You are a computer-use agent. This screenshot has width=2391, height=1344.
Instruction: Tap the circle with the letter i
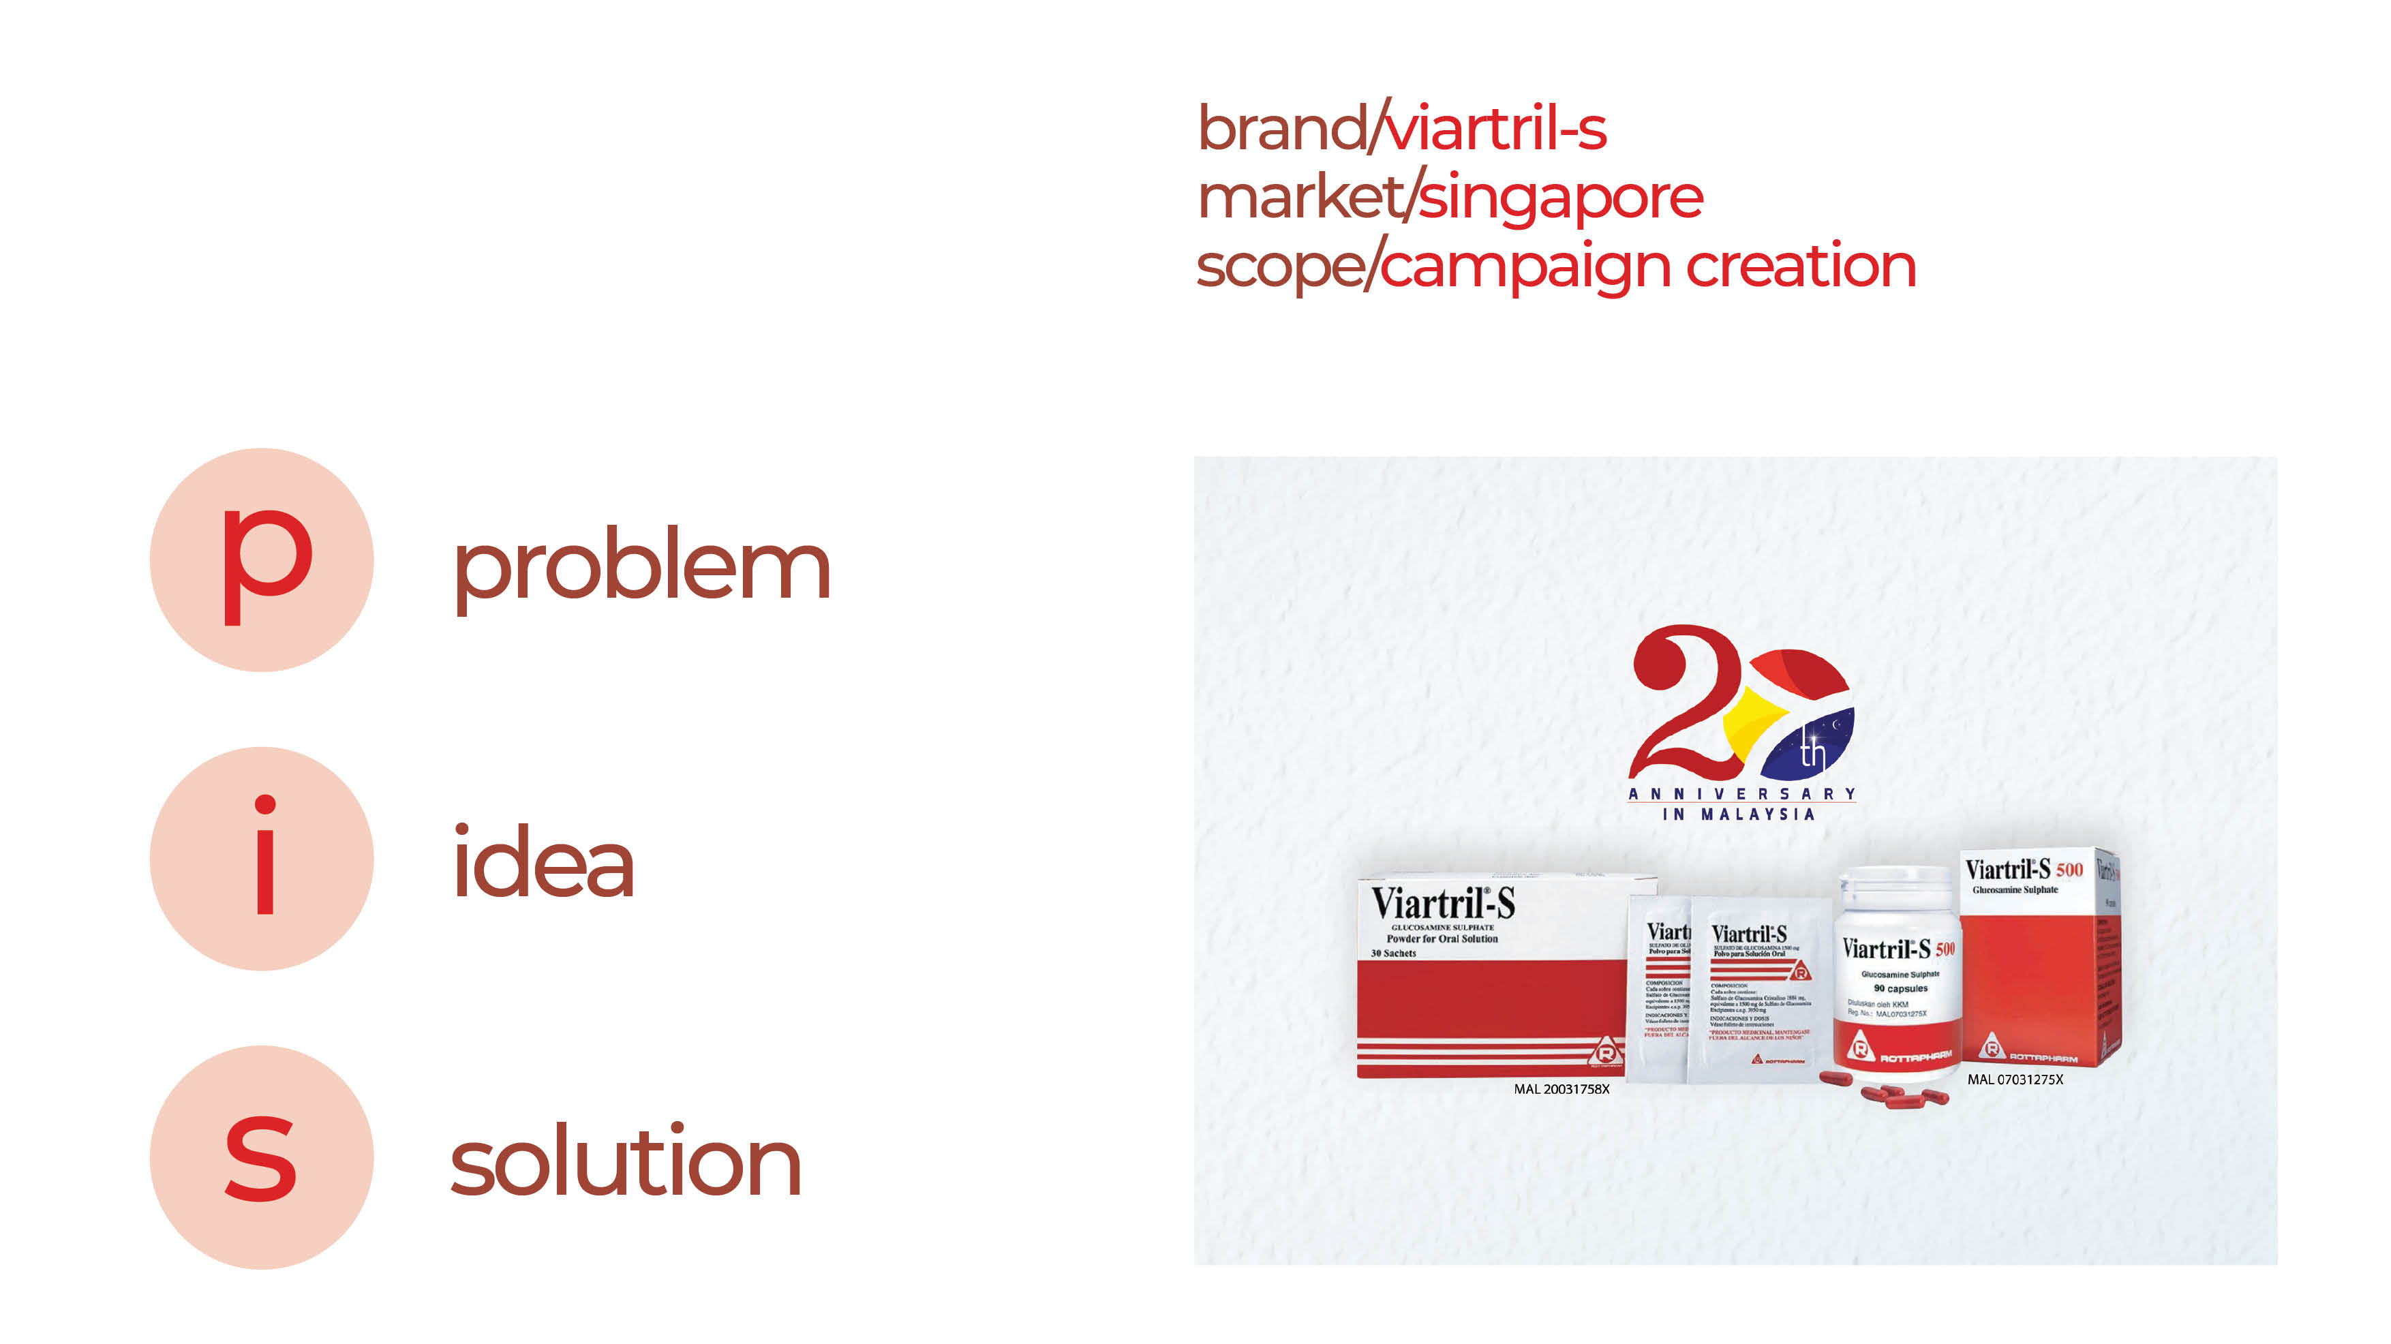[x=262, y=859]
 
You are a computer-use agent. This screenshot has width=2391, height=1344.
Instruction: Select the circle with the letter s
[x=262, y=1157]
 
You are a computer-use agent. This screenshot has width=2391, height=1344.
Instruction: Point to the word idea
[x=543, y=864]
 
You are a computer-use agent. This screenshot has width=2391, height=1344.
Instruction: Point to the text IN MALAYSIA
[x=1737, y=814]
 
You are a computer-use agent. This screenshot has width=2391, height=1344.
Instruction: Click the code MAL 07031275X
[x=2014, y=1080]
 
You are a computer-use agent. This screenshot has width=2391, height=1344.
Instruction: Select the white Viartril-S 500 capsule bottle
[x=1898, y=970]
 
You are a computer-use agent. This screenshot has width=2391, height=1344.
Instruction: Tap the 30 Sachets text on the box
[x=1393, y=953]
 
